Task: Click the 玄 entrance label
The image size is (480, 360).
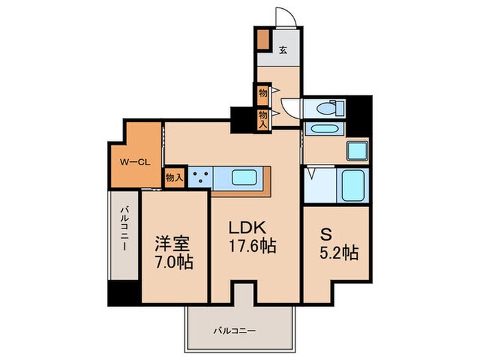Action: click(x=283, y=49)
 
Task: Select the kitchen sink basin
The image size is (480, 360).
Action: click(x=243, y=178)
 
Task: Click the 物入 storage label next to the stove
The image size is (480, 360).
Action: click(x=174, y=178)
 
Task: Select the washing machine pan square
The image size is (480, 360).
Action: click(x=357, y=151)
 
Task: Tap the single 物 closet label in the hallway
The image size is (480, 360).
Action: click(x=263, y=91)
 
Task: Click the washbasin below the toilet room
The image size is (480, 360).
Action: click(x=321, y=129)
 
